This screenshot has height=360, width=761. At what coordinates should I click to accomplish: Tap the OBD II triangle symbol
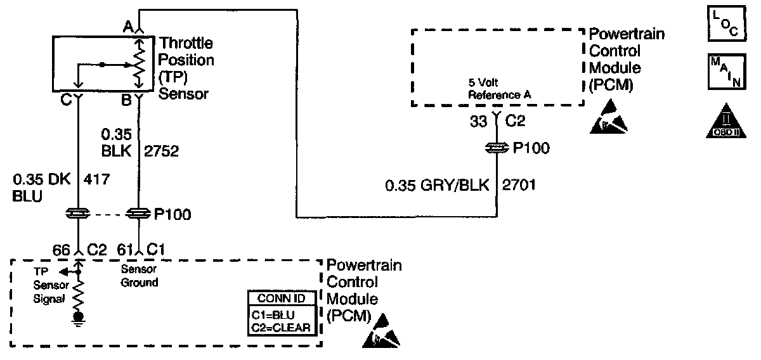click(x=724, y=120)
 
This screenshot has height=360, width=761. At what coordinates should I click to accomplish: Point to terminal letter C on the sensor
click(x=65, y=100)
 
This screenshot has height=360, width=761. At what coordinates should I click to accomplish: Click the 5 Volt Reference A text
click(x=499, y=89)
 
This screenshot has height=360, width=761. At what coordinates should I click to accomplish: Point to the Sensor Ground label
click(x=139, y=276)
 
